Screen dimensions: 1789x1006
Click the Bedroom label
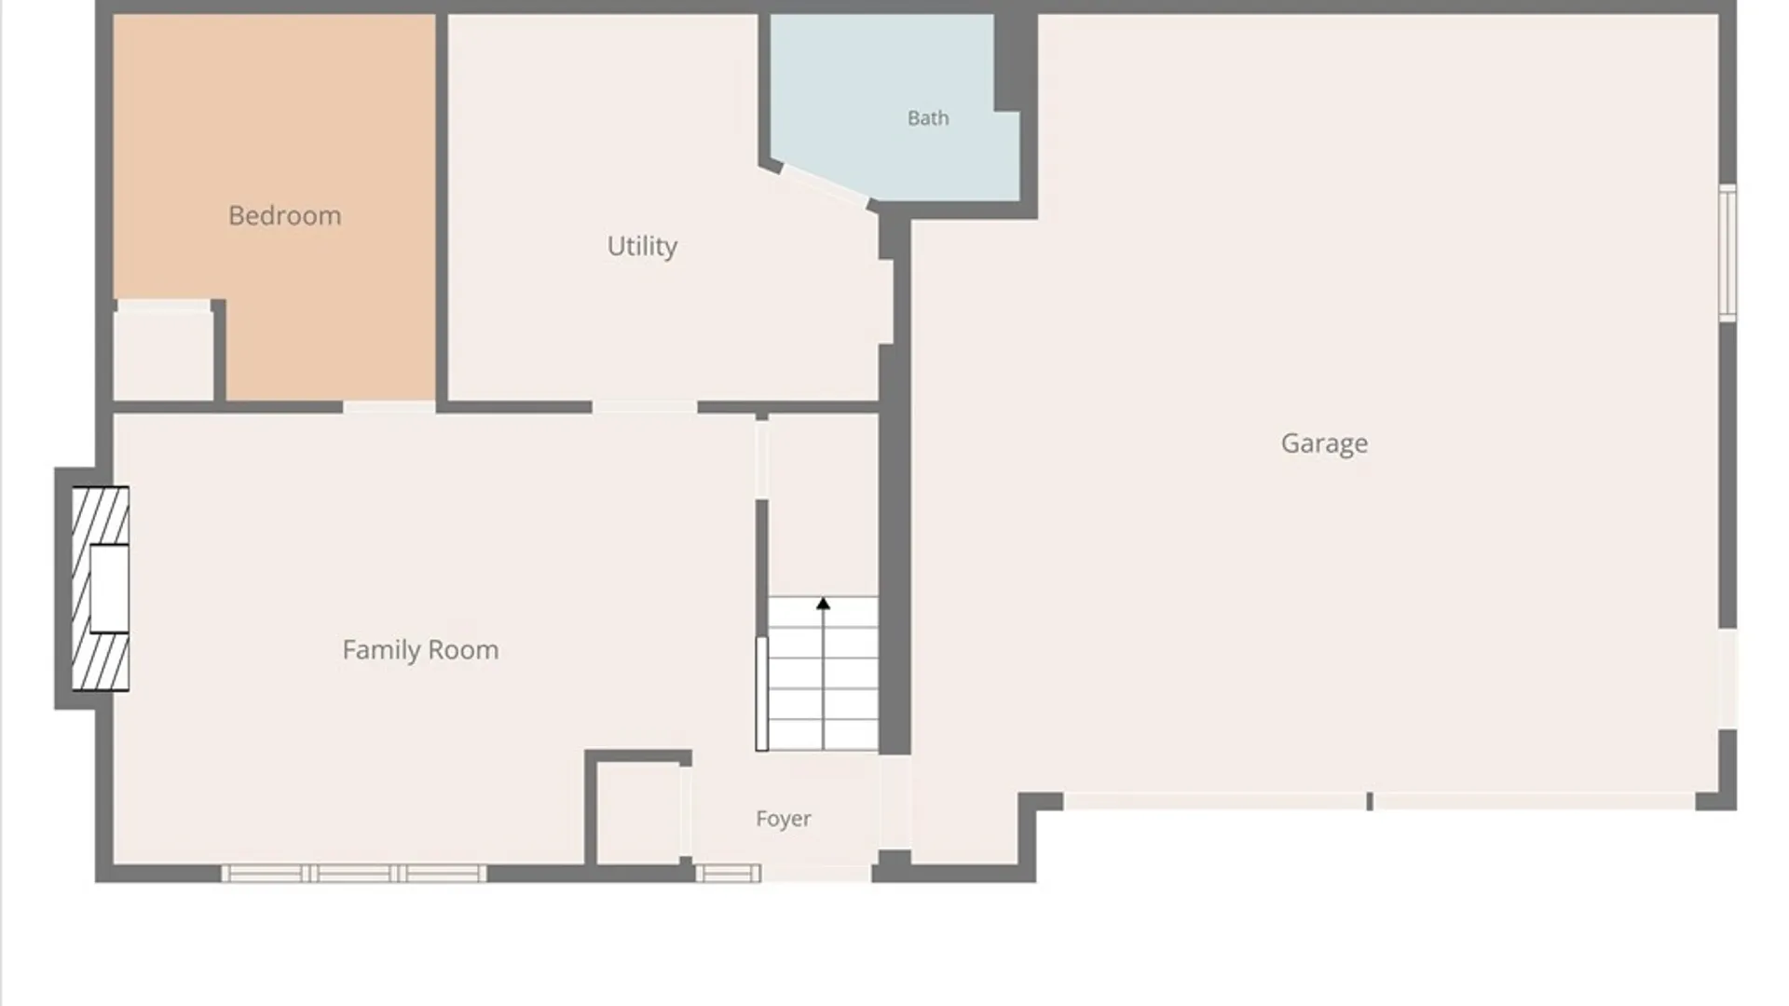[x=284, y=216]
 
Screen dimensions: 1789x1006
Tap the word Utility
[x=642, y=246]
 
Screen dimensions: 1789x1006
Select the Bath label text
[x=928, y=118]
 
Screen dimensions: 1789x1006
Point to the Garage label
[x=1324, y=443]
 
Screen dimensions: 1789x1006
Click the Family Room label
[x=420, y=649]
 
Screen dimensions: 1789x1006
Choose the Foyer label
[x=783, y=819]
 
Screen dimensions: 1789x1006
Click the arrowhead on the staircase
[x=823, y=605]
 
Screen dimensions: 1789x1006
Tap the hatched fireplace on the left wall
[x=101, y=589]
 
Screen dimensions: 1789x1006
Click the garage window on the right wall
[x=1728, y=252]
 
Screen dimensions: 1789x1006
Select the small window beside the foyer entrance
[x=728, y=874]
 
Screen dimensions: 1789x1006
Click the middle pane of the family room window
[x=354, y=874]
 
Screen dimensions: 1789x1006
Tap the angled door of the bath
[x=825, y=184]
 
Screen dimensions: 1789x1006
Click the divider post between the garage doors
[x=1370, y=801]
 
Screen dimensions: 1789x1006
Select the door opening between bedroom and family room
[x=389, y=407]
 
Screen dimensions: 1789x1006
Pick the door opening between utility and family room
[x=645, y=407]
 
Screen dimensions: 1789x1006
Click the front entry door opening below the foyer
[x=817, y=874]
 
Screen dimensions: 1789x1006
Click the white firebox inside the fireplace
[x=109, y=589]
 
